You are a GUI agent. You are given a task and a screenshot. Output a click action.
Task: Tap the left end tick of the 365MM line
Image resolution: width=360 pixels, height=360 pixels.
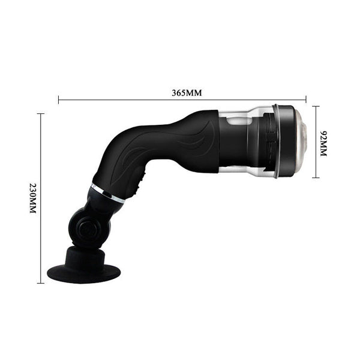pyautogui.click(x=58, y=100)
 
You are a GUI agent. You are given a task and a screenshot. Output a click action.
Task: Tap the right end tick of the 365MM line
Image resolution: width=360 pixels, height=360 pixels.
pyautogui.click(x=306, y=100)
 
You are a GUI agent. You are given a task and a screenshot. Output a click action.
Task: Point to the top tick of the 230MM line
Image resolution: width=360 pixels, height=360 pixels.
pyautogui.click(x=41, y=113)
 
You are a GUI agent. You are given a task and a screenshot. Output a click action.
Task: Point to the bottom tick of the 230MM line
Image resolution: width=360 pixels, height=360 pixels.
pyautogui.click(x=41, y=283)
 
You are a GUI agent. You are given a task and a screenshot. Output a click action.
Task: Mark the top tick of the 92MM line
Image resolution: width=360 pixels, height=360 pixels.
pyautogui.click(x=316, y=107)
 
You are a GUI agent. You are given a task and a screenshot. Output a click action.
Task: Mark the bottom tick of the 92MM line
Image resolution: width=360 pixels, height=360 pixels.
pyautogui.click(x=316, y=178)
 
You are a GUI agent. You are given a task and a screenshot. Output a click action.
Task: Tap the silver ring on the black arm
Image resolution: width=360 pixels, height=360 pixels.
pyautogui.click(x=107, y=193)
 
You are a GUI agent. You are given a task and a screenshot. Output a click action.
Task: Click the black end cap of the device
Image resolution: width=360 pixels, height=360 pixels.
pyautogui.click(x=287, y=142)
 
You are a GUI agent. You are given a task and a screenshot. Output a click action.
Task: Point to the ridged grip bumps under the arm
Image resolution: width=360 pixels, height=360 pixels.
pyautogui.click(x=141, y=179)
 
